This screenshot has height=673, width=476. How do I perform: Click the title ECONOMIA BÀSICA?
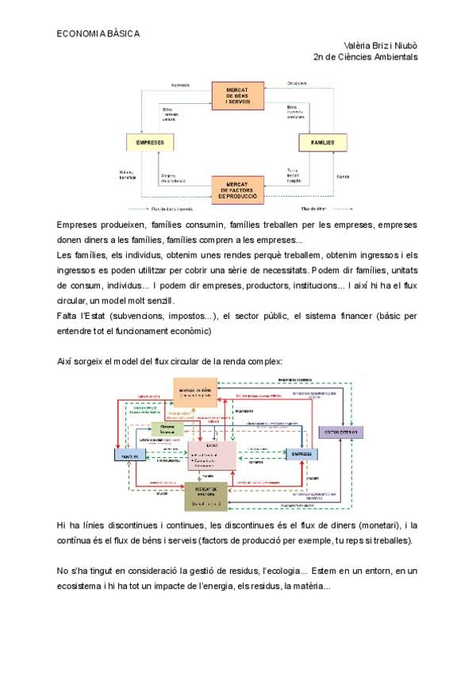pos(98,34)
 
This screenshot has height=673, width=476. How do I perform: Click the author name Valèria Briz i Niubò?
pos(381,45)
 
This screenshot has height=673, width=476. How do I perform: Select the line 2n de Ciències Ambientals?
pos(366,56)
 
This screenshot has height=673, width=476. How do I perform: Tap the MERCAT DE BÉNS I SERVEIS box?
pos(237,95)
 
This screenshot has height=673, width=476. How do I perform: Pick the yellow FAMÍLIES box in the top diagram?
pos(323,143)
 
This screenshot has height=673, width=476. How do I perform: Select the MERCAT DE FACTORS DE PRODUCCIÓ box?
pos(237,190)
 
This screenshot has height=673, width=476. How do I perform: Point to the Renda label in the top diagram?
pos(343,176)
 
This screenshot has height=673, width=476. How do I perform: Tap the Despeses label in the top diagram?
pos(297,83)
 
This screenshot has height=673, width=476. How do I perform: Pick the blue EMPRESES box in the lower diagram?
pos(301,454)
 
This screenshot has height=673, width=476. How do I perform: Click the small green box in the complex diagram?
pos(167,428)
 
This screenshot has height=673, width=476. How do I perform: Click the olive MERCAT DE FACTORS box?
pos(205,496)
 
